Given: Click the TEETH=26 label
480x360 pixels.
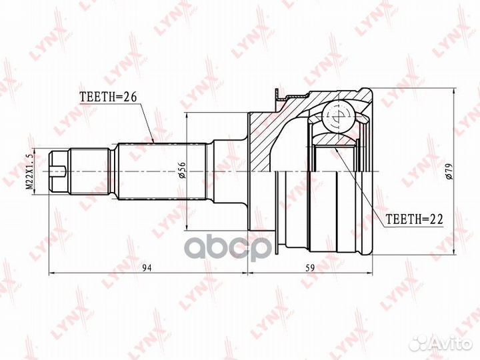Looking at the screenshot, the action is [x=108, y=97].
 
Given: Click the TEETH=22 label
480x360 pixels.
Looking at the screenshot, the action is [x=415, y=219].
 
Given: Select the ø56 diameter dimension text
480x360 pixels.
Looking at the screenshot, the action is [x=182, y=171].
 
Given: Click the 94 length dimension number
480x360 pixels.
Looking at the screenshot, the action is [x=147, y=268].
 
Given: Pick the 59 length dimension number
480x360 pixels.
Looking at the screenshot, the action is [x=310, y=268].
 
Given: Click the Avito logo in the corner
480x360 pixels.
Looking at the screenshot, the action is [x=441, y=343].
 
